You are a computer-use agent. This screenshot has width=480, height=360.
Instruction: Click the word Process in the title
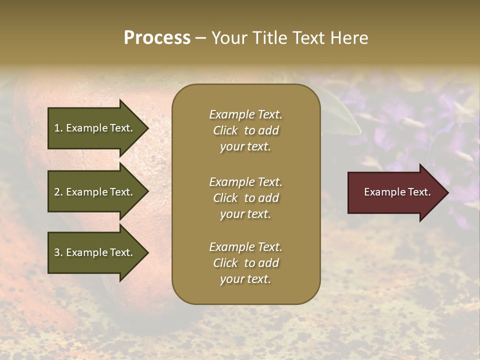(x=157, y=38)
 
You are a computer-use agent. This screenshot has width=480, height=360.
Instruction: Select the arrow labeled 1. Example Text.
(x=95, y=128)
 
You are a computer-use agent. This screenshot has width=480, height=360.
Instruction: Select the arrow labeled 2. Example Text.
(x=95, y=192)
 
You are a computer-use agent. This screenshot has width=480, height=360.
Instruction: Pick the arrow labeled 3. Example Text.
(x=95, y=252)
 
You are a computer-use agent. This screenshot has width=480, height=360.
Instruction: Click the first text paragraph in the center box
(x=245, y=130)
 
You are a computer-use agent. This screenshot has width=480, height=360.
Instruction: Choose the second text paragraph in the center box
(x=245, y=198)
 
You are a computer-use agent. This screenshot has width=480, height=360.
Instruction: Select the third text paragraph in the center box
(x=245, y=263)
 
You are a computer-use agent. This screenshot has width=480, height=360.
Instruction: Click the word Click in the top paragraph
(x=225, y=130)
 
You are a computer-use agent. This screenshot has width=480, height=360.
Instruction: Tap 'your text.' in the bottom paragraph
(x=245, y=279)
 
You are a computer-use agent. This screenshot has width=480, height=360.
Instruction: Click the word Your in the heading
(x=227, y=38)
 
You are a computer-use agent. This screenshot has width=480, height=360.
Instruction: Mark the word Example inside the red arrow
(x=381, y=192)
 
